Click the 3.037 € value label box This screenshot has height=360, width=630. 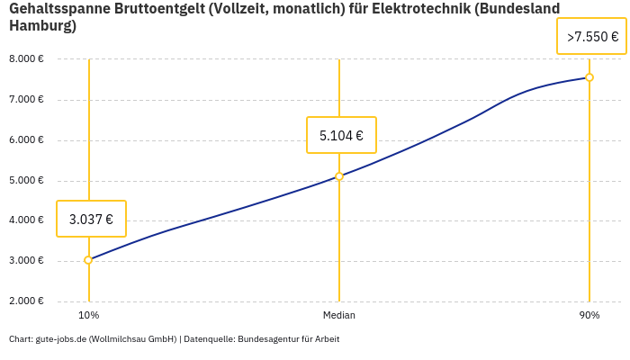point(91,219)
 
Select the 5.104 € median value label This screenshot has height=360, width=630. point(341,136)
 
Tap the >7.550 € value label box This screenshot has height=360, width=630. point(592,37)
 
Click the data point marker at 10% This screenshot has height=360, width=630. point(88,260)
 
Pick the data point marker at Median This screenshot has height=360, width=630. point(339,176)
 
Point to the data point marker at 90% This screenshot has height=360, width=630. point(589,77)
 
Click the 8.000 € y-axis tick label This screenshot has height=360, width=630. point(26,58)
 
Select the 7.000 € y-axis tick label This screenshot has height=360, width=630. point(26,99)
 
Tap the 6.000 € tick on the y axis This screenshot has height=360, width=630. point(26,139)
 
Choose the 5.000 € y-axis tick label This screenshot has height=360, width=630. point(26,180)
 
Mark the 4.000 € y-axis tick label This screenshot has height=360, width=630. point(26,220)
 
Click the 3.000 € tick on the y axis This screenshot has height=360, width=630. point(26,261)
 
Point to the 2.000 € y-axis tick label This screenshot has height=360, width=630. point(26,301)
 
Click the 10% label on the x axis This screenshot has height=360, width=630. point(88,316)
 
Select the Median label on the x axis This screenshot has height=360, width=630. point(339,316)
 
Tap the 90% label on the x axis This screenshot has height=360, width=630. point(589,316)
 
